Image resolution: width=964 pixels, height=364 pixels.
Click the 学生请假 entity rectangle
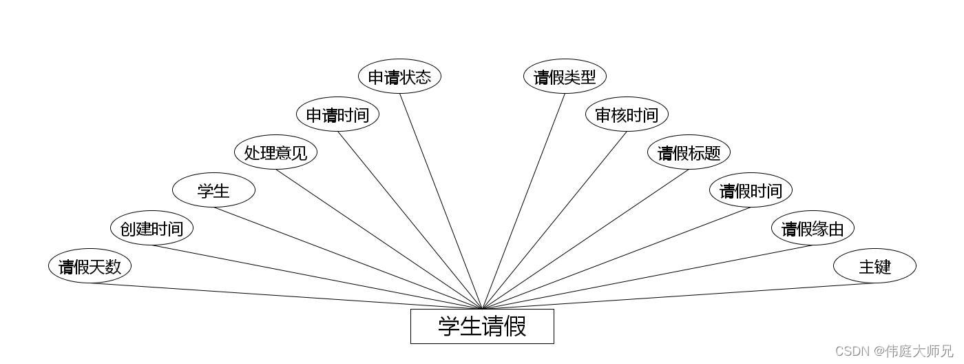[482, 326]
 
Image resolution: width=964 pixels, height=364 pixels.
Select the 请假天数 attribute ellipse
[90, 266]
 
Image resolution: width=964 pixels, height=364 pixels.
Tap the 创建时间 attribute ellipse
[151, 228]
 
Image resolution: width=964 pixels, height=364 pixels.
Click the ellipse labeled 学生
[213, 190]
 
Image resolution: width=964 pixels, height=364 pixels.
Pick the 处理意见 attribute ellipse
[275, 152]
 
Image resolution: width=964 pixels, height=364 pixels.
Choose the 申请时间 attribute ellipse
[337, 114]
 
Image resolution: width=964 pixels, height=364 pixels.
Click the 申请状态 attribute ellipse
[399, 77]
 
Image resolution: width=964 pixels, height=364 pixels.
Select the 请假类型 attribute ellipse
[565, 77]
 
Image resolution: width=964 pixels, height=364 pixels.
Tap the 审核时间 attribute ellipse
[627, 114]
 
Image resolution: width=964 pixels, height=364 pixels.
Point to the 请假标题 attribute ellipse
[689, 152]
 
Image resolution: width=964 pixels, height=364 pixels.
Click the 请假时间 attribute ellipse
[751, 190]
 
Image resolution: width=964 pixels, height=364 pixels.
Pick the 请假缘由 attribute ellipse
[813, 228]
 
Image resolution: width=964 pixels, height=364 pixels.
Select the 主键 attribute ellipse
[874, 266]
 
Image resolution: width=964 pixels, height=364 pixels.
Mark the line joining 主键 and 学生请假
[678, 296]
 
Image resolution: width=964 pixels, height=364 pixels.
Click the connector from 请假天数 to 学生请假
[286, 296]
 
